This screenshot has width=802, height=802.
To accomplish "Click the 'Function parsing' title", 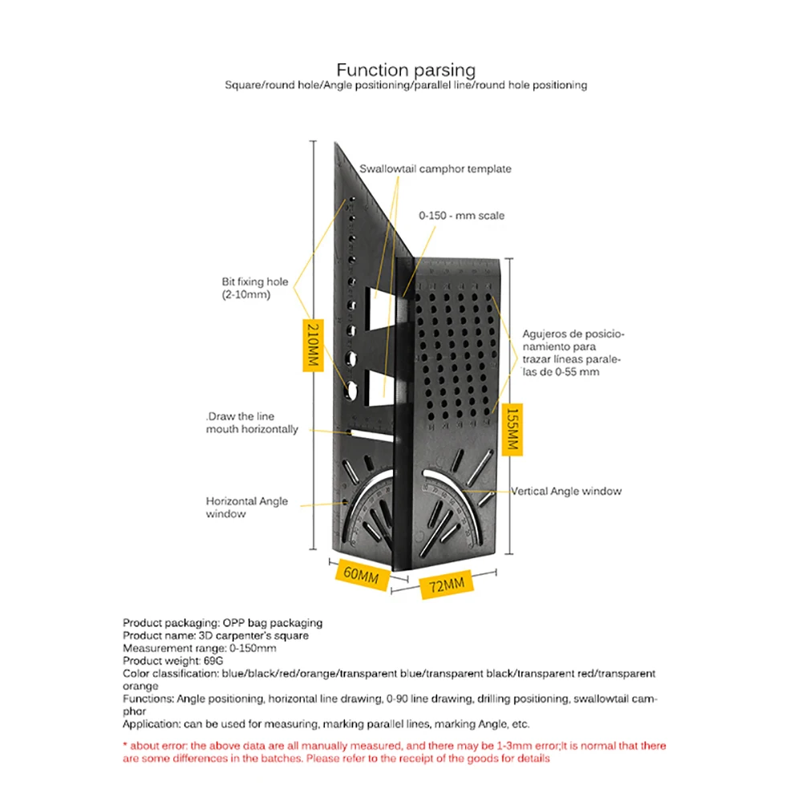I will (x=406, y=70).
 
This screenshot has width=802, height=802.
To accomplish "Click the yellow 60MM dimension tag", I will (x=358, y=574).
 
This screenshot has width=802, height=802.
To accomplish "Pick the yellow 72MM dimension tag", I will (x=446, y=585).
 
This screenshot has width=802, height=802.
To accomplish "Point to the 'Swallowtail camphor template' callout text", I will (x=435, y=169).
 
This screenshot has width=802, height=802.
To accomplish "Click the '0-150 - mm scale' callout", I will (x=461, y=216).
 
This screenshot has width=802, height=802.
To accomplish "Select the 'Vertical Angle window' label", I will (x=566, y=491).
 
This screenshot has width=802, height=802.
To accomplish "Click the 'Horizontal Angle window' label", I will (x=246, y=507).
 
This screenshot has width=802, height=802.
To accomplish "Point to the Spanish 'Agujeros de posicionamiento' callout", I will (x=573, y=353).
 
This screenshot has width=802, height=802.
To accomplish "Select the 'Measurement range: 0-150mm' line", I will (x=199, y=648).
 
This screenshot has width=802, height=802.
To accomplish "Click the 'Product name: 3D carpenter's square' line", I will (x=215, y=635).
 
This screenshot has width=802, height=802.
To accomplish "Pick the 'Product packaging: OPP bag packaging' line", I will (x=222, y=622).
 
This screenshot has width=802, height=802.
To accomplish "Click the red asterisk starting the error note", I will (x=125, y=745).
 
